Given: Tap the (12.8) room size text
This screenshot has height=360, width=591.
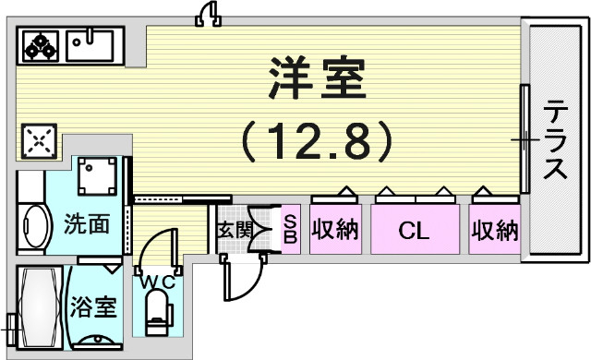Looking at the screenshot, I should click(x=317, y=141).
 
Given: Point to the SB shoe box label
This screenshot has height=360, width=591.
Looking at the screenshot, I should click(x=289, y=228).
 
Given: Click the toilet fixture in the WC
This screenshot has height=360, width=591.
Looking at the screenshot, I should click(x=159, y=310).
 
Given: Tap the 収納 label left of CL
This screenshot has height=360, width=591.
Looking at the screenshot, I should click(x=335, y=230).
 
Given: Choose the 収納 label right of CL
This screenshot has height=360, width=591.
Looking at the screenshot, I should click(x=494, y=230).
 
